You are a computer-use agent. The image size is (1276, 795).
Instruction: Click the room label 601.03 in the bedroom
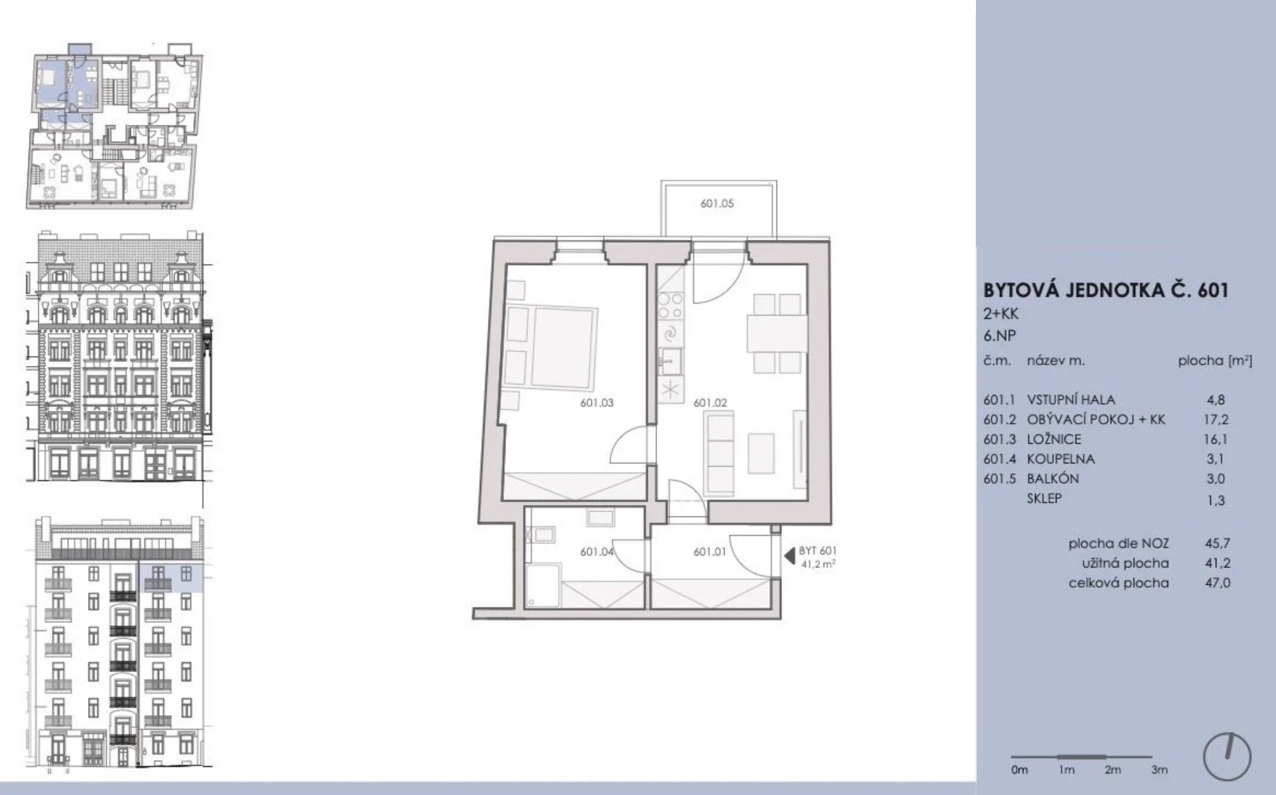click(597, 403)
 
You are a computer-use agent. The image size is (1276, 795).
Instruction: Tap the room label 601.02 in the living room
click(710, 403)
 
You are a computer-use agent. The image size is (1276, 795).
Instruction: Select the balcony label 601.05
click(717, 203)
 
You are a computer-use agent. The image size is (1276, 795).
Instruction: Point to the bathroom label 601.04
click(597, 552)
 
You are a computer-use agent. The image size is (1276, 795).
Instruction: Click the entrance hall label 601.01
click(710, 552)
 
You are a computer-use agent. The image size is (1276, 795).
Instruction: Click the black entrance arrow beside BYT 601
click(789, 557)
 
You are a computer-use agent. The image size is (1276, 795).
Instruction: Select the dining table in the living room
click(777, 333)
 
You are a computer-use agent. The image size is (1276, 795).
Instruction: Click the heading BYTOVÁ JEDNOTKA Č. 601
click(1106, 290)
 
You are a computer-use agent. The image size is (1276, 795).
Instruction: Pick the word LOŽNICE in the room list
click(1054, 439)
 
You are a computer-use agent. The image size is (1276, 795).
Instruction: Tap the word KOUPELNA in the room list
click(1061, 459)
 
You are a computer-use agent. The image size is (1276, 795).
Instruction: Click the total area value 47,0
click(1218, 583)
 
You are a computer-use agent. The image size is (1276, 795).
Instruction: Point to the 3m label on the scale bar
click(1159, 770)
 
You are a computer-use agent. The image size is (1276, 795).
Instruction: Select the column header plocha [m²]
click(1215, 361)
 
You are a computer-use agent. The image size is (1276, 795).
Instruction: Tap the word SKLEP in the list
click(1044, 498)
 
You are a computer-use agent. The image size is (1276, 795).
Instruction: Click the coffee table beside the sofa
click(761, 454)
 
